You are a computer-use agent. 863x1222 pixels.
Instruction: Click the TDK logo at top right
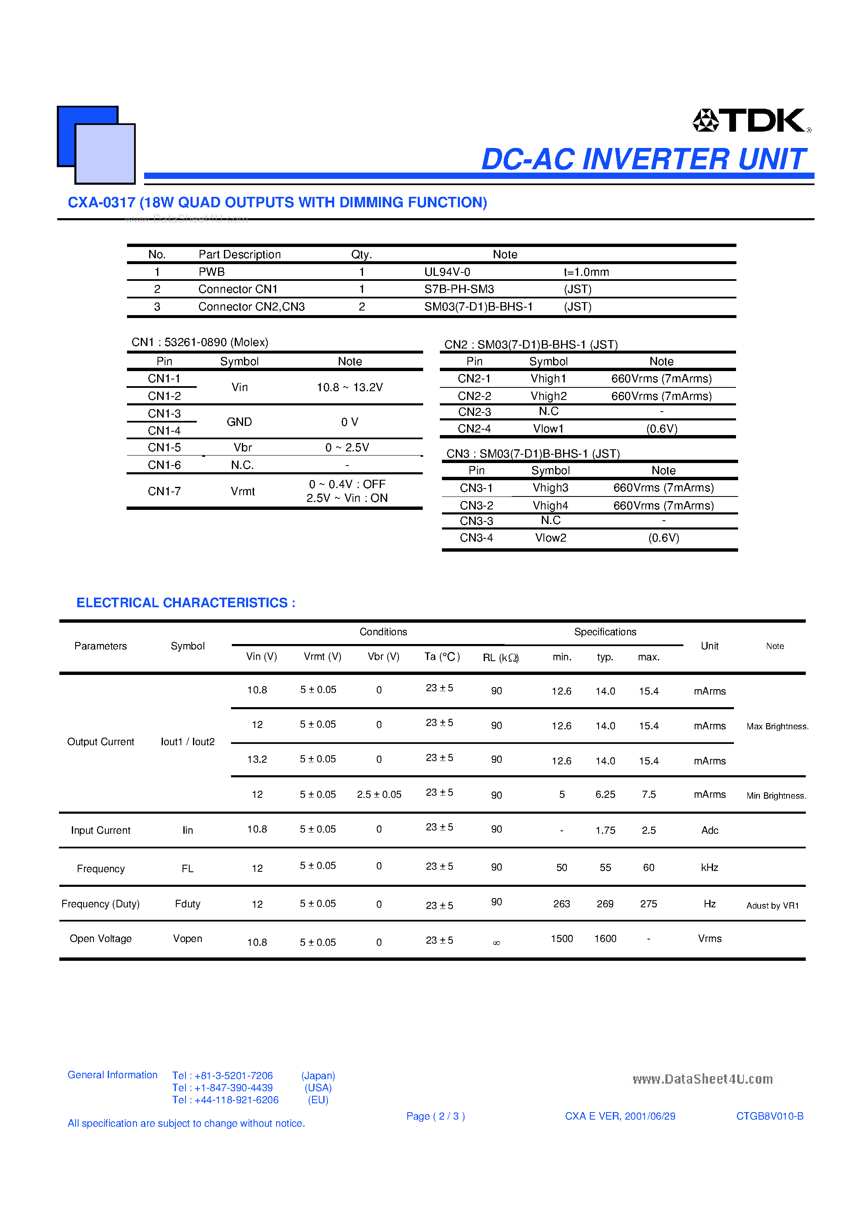point(751,121)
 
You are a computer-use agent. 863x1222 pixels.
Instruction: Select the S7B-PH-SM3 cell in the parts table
point(459,289)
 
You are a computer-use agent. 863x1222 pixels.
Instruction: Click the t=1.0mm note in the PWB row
point(586,272)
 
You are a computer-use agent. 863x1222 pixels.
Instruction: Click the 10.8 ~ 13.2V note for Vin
point(350,387)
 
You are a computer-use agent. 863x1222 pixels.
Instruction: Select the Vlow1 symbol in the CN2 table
point(548,428)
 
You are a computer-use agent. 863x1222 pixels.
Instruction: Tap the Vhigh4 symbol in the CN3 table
point(550,505)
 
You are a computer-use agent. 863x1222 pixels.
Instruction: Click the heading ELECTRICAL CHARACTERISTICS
point(186,603)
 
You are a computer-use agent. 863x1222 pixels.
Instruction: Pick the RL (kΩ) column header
point(500,657)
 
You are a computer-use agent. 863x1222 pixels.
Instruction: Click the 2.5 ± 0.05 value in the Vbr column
point(379,794)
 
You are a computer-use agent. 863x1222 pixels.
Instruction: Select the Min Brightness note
point(776,796)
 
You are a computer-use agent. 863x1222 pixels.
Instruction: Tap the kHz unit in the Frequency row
point(709,868)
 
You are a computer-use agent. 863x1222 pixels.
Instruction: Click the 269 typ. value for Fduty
point(605,904)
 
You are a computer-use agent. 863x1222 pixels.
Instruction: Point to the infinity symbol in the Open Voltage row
point(496,942)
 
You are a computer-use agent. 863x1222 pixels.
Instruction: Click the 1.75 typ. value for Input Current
point(605,830)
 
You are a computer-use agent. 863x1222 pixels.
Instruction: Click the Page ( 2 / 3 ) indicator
point(435,1116)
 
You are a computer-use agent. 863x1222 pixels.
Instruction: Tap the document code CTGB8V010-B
point(769,1116)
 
